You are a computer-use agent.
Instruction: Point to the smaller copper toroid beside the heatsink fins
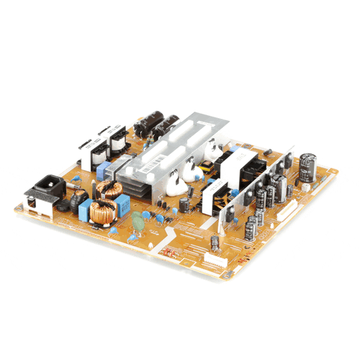[110, 189]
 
